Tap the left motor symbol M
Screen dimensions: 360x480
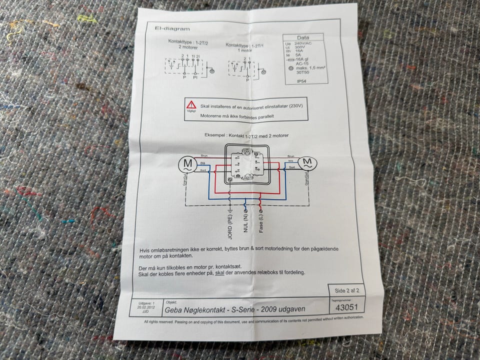[187, 163]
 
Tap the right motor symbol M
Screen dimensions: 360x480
[307, 162]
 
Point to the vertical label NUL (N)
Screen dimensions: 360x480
[246, 220]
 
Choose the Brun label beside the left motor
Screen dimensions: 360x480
[204, 156]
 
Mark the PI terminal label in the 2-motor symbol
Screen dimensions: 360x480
[196, 78]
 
